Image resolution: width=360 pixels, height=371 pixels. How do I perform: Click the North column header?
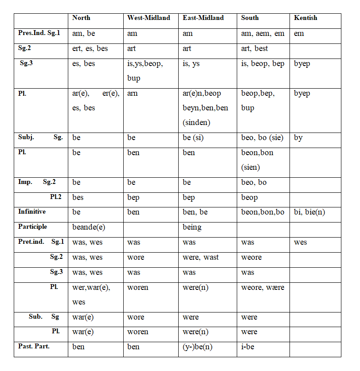[x=81, y=18]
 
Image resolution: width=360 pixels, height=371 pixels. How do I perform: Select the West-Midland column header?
[x=149, y=18]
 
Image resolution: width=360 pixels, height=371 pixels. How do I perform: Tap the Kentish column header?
[x=305, y=18]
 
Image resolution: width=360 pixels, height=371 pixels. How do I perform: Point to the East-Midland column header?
[x=203, y=18]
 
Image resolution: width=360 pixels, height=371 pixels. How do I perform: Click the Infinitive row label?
[x=32, y=212]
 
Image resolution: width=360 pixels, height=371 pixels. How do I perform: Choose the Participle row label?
[x=32, y=227]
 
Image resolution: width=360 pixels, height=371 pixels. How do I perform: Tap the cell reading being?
[x=192, y=227]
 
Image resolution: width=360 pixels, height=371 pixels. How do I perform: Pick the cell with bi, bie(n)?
[x=309, y=212]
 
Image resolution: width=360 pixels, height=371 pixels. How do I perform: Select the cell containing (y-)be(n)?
[x=197, y=347]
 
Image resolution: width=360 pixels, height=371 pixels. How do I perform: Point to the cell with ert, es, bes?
[x=90, y=48]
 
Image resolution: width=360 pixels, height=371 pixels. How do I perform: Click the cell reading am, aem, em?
[x=262, y=33]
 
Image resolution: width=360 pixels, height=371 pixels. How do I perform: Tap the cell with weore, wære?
[x=262, y=287]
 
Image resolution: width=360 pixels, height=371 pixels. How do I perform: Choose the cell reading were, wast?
[x=200, y=257]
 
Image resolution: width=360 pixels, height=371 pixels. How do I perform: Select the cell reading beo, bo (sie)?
[x=262, y=137]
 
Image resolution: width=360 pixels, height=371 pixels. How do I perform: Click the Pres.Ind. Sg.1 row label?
[x=39, y=33]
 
